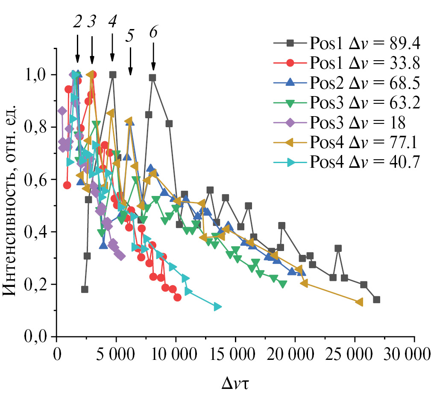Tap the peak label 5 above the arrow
130,37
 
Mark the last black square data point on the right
376,300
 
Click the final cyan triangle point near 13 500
217,307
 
